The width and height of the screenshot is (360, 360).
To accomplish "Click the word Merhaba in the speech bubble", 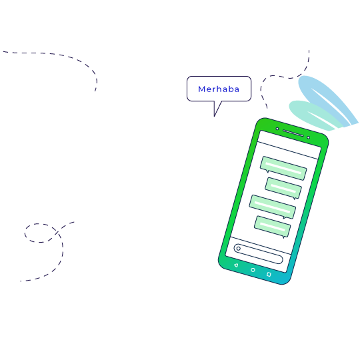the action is [x=219, y=89].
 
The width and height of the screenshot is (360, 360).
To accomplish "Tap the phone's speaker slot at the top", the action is [x=293, y=133].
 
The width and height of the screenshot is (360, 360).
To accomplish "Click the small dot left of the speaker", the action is [x=277, y=129].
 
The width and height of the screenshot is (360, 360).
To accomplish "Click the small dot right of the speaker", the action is [x=309, y=137].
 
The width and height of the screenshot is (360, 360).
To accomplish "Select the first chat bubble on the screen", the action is [x=283, y=168].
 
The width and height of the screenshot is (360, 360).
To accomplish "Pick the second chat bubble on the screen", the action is [x=283, y=188].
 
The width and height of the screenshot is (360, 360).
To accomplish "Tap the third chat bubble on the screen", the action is [x=273, y=207].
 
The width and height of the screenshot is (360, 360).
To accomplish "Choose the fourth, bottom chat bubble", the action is [x=272, y=227].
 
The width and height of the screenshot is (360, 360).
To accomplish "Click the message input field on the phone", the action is [x=258, y=254].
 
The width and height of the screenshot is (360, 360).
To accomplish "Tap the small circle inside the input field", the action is [x=238, y=249].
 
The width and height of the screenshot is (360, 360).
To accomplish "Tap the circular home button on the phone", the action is [x=253, y=270].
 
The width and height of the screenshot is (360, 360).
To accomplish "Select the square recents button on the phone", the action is [x=269, y=274].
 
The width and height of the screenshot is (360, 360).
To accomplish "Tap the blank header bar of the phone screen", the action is [x=289, y=145].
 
